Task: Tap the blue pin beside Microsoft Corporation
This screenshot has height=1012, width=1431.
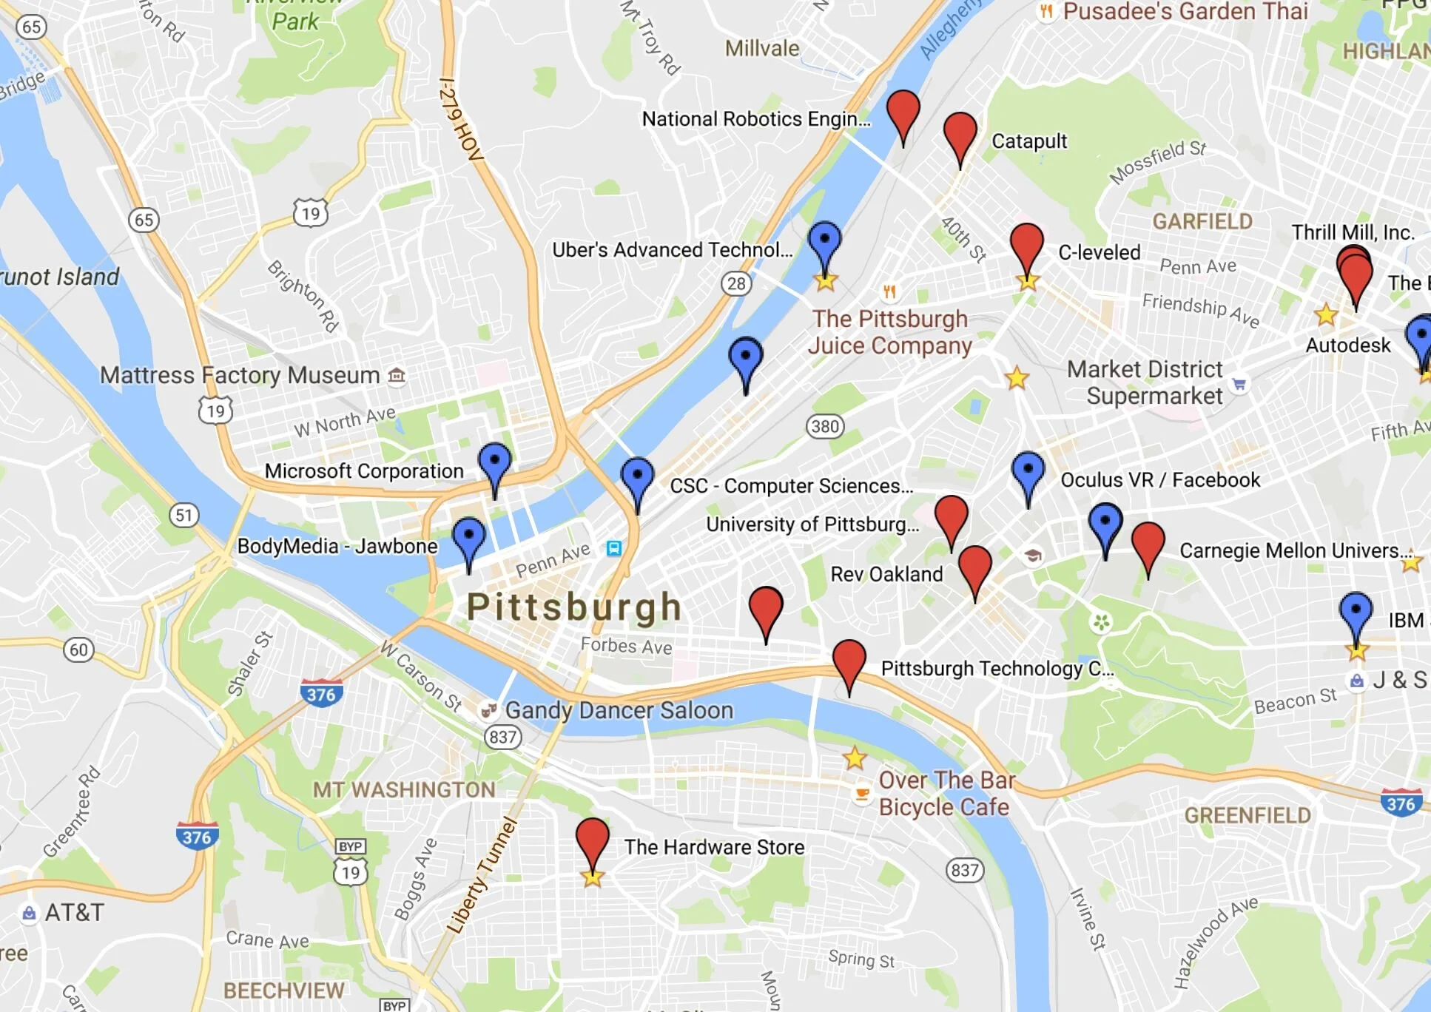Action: pos(494,463)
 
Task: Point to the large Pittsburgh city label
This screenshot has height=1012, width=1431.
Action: pos(574,607)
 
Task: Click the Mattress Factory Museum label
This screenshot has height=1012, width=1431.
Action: pos(240,375)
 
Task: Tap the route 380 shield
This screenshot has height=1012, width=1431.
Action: pos(825,426)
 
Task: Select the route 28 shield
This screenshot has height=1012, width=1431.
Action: pos(736,283)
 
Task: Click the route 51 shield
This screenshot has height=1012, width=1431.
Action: pos(184,515)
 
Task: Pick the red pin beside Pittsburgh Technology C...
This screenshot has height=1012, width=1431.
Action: pos(849,660)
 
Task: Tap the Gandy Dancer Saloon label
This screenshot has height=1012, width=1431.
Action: pos(619,710)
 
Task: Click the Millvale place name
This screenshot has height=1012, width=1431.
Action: pos(762,49)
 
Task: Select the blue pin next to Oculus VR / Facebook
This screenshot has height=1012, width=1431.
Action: pos(1028,472)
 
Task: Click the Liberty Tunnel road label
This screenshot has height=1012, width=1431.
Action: pos(481,875)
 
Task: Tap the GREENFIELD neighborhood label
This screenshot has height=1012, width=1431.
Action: pos(1248,815)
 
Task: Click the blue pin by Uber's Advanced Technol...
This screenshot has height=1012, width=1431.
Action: pos(824,242)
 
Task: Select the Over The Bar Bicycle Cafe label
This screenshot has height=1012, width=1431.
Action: pos(945,794)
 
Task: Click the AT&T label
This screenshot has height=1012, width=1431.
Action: pos(74,913)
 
